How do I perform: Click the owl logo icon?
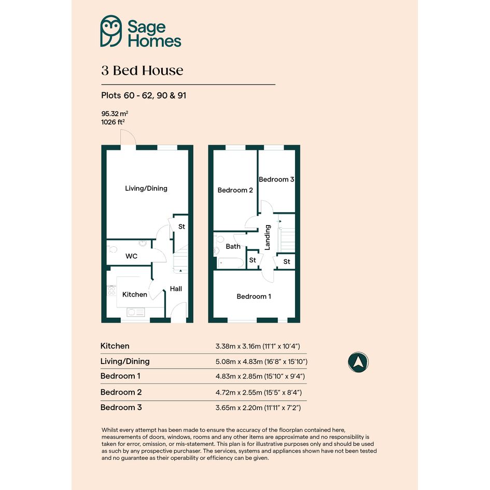[111, 31]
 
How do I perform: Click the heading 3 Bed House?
[142, 71]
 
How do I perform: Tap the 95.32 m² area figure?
[115, 114]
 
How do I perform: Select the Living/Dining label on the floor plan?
[146, 188]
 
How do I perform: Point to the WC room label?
[131, 256]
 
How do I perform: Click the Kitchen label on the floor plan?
[135, 295]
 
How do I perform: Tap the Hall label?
[176, 289]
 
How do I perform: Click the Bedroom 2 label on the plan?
[235, 190]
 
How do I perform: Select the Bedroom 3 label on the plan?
[276, 179]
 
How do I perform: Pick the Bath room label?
[233, 247]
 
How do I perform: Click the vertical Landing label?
[268, 237]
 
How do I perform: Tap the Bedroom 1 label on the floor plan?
[254, 296]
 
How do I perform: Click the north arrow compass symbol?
[358, 362]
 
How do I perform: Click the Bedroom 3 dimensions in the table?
[258, 408]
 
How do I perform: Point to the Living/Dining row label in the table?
[125, 361]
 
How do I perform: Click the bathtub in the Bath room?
[231, 263]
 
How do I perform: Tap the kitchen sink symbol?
[136, 312]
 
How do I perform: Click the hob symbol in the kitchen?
[111, 290]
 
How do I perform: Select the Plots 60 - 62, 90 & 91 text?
[144, 95]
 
